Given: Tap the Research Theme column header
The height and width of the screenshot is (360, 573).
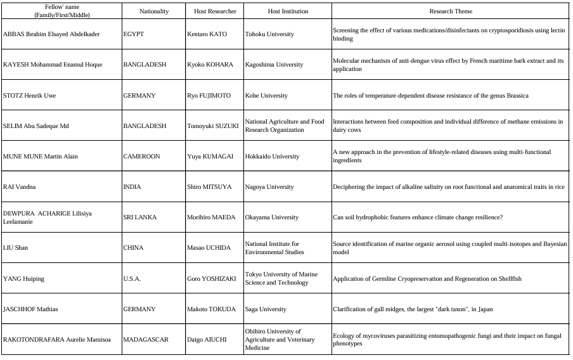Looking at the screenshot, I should click(x=451, y=11).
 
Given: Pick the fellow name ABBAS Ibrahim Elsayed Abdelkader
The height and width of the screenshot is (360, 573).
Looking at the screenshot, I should click(x=51, y=34).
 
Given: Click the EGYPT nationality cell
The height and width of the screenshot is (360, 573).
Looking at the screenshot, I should click(x=133, y=34).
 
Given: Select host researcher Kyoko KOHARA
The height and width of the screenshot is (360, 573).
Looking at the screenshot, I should click(x=210, y=65).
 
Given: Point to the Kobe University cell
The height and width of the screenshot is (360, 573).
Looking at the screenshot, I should click(x=266, y=96).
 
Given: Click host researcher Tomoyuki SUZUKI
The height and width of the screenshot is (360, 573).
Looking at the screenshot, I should click(x=212, y=126).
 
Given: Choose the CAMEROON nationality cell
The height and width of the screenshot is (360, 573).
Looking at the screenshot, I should click(x=141, y=157).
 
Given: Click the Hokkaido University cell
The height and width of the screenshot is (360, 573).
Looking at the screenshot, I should click(x=272, y=157).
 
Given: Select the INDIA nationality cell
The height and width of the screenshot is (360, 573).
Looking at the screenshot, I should click(x=132, y=187).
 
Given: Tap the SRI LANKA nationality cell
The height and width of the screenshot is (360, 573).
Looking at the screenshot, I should click(x=139, y=217).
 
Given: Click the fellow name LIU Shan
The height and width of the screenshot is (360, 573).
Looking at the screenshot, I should click(x=16, y=248).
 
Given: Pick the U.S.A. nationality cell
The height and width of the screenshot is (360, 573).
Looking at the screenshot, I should click(x=132, y=279).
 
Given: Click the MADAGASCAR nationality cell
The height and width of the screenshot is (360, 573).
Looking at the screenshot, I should click(x=146, y=340).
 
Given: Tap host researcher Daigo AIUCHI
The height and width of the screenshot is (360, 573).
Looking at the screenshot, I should click(x=206, y=340).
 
